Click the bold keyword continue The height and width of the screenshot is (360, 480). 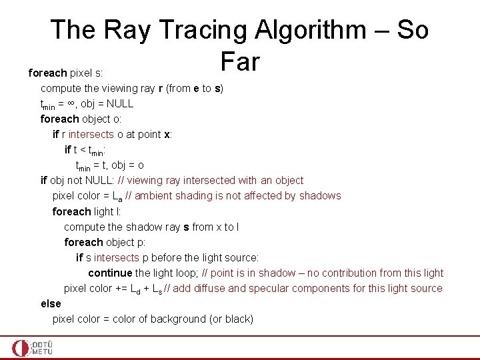(110, 273)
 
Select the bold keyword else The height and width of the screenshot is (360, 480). (51, 303)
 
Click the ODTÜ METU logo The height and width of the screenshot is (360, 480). (32, 348)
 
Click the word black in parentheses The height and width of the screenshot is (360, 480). (238, 319)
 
